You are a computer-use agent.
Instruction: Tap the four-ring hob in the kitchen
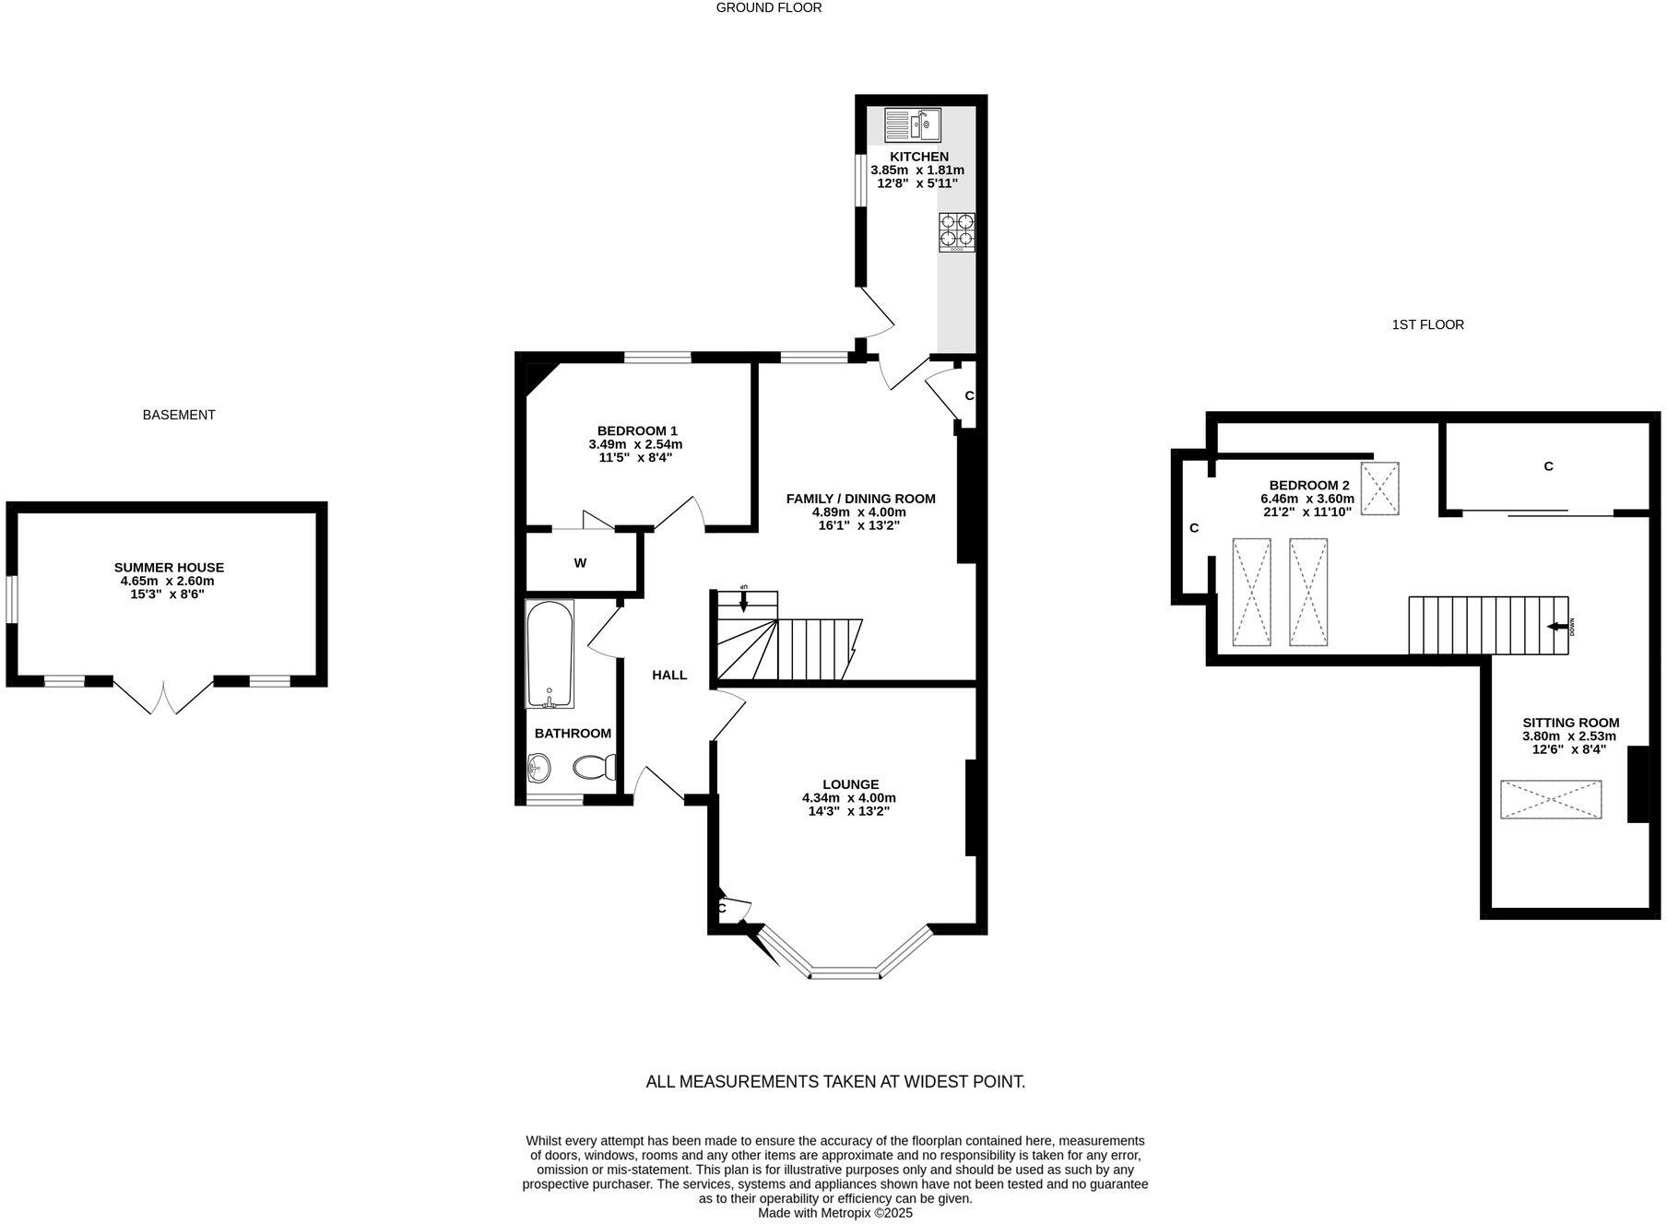tap(957, 232)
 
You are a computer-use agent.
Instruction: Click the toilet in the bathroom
tap(596, 767)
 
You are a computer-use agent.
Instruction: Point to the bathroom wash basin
tap(539, 767)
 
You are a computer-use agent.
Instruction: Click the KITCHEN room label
tap(918, 157)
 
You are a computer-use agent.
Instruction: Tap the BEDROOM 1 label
tap(637, 430)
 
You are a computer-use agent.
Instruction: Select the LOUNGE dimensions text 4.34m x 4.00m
tap(848, 798)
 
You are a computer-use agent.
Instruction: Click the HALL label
tap(669, 675)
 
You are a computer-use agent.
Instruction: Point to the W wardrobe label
tap(580, 563)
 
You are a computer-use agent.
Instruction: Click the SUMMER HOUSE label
tap(169, 568)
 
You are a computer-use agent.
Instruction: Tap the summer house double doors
tap(163, 698)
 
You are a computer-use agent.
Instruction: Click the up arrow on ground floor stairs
tap(744, 601)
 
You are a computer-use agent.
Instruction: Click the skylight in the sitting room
tap(1551, 799)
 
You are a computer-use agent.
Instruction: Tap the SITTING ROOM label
tap(1570, 723)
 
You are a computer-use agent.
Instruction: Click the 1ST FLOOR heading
tap(1427, 324)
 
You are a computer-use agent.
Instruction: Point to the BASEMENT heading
tap(179, 415)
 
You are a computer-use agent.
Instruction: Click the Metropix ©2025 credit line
tap(834, 1213)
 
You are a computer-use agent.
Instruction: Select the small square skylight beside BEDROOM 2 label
tap(1380, 488)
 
